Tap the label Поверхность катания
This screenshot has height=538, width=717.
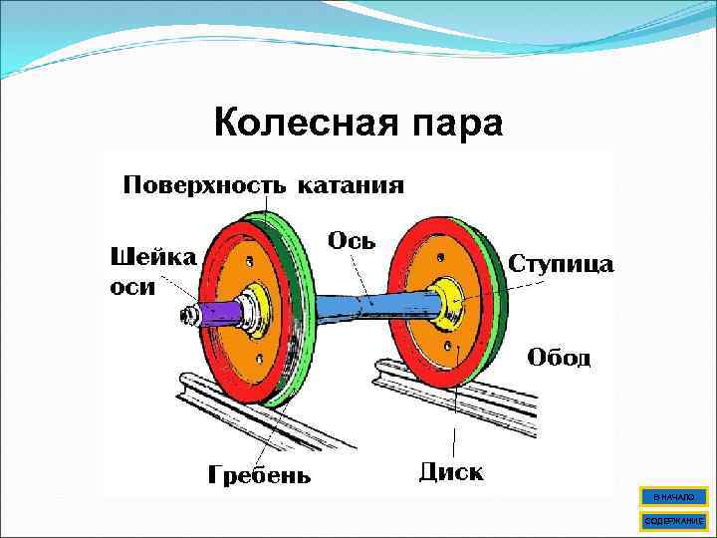click(263, 184)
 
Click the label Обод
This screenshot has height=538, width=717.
click(559, 357)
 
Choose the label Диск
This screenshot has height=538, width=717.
click(451, 469)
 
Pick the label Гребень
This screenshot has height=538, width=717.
click(259, 473)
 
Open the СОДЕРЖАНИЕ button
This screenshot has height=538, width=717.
click(674, 520)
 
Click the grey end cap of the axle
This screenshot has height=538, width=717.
click(186, 317)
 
